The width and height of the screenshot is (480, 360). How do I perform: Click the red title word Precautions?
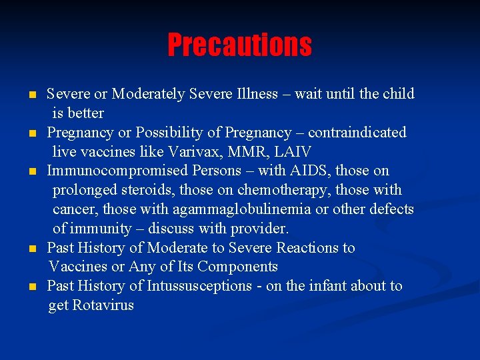click(239, 45)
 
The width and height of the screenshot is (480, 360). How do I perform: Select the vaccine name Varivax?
click(184, 152)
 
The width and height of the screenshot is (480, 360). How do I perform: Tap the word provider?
click(259, 229)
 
